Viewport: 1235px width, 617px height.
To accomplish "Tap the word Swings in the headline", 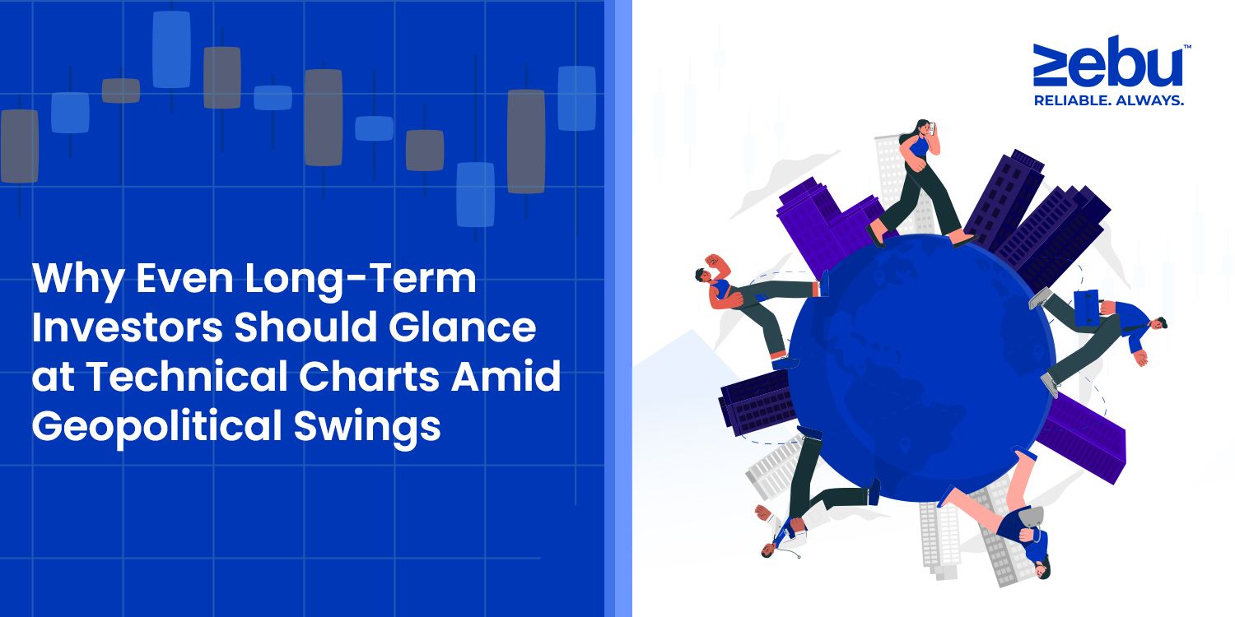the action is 367,427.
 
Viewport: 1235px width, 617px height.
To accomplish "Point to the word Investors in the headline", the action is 128,327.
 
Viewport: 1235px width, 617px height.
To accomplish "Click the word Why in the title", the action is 77,280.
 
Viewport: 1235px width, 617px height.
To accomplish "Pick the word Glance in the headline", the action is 462,327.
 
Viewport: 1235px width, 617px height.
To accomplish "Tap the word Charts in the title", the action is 369,376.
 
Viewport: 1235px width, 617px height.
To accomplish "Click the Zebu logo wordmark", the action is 1109,62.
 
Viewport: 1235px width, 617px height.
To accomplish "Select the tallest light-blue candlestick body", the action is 171,49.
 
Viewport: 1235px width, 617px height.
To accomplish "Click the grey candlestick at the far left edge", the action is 19,146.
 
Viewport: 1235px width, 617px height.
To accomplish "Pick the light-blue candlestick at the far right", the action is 576,99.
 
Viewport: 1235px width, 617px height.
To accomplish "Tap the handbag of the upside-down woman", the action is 1028,516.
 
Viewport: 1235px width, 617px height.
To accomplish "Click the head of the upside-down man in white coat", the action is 768,549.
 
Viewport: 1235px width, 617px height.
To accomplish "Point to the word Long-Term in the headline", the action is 361,278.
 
